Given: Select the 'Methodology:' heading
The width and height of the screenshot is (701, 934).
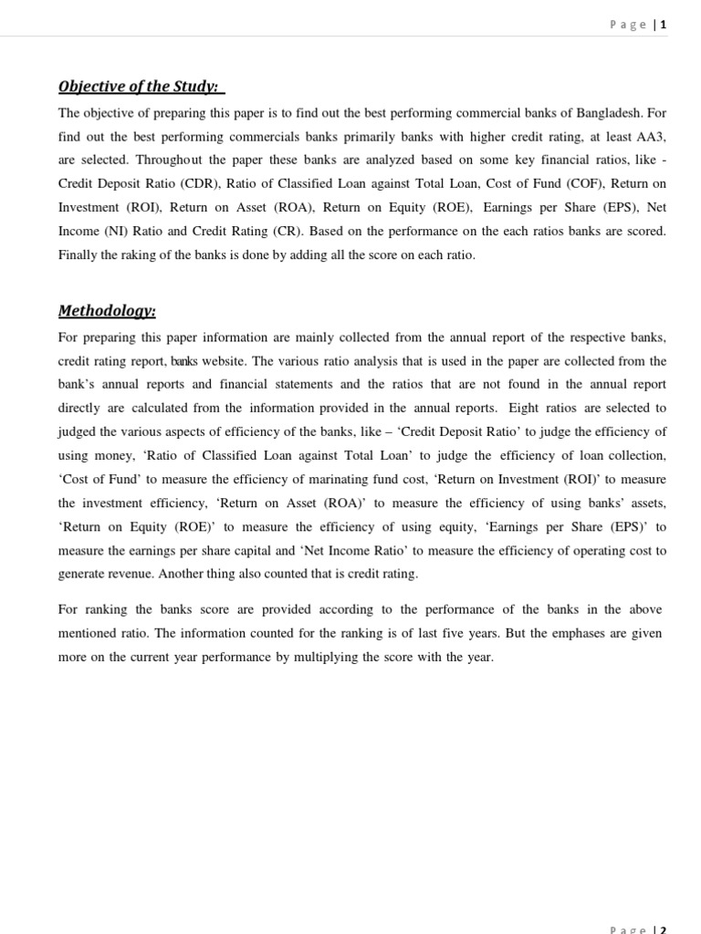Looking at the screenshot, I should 107,311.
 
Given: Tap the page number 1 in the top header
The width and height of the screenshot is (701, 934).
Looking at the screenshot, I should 664,25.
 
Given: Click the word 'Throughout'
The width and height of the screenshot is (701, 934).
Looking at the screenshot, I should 153,161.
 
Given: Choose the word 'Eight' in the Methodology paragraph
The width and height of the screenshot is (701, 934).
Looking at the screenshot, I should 524,408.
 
